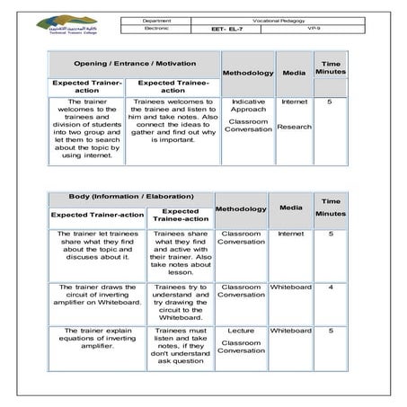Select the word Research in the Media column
click(x=294, y=127)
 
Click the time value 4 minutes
click(x=331, y=288)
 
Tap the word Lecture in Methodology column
click(x=242, y=332)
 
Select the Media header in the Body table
click(x=290, y=208)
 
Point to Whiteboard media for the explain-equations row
click(x=290, y=332)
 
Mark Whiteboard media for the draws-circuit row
click(x=290, y=288)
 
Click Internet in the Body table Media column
click(x=290, y=234)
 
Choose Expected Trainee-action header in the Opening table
click(x=173, y=86)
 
